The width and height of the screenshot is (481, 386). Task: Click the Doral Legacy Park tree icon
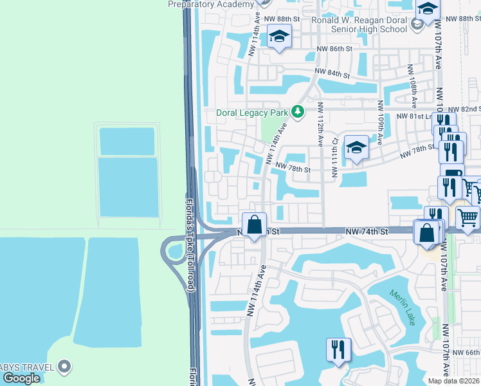297,113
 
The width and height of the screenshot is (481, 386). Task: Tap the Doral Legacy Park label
251,113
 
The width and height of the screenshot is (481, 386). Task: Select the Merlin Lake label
403,307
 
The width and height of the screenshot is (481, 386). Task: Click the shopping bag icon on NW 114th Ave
255,225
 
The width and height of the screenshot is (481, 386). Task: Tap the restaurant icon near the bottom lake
338,350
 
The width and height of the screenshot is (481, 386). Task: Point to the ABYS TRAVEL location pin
64,367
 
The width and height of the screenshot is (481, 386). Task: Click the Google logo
21,378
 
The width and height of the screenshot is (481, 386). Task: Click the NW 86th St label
334,49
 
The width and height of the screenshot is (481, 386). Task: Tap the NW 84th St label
331,73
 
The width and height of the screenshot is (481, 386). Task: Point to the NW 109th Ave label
381,122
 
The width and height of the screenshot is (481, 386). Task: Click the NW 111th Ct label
334,158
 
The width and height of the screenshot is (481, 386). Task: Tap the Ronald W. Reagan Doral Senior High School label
359,24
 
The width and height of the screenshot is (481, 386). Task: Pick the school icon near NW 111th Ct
356,148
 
